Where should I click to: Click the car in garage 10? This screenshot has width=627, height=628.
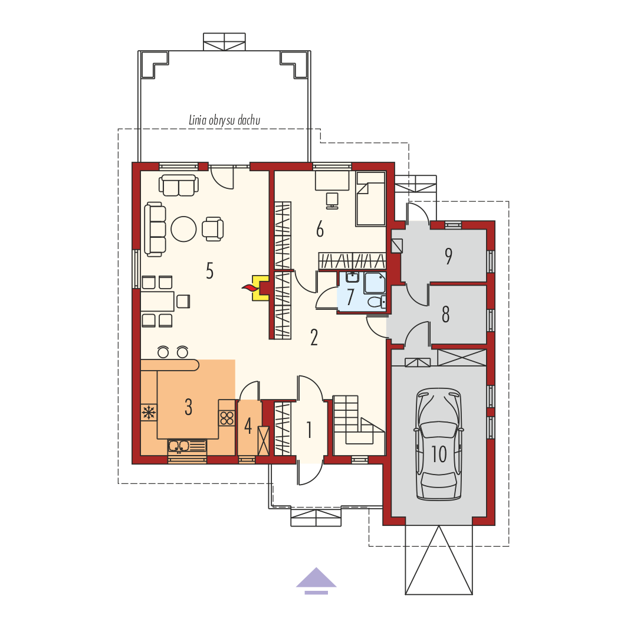(439, 444)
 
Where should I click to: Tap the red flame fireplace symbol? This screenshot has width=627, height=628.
(250, 287)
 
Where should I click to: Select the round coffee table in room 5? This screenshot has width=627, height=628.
(183, 229)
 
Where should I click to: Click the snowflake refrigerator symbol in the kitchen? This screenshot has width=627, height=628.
(149, 412)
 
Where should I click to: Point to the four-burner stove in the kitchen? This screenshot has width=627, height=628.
(227, 418)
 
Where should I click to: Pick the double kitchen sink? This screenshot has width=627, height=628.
(179, 446)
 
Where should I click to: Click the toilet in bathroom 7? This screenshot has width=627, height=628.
(376, 302)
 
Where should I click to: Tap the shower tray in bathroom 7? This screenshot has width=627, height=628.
(375, 282)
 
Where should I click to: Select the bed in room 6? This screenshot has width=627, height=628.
(371, 199)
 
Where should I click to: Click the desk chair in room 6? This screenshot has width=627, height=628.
(332, 200)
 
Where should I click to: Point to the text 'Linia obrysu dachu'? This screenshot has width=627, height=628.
(225, 120)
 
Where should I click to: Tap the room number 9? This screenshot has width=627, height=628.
(448, 256)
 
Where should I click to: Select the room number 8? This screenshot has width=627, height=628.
(445, 314)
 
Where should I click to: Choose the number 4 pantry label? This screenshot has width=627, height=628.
(248, 426)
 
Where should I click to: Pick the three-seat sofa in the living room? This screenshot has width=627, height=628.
(155, 229)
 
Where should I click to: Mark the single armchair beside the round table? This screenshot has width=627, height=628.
(213, 229)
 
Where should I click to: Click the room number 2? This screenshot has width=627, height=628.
(314, 338)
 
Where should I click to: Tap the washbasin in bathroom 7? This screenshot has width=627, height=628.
(352, 277)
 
